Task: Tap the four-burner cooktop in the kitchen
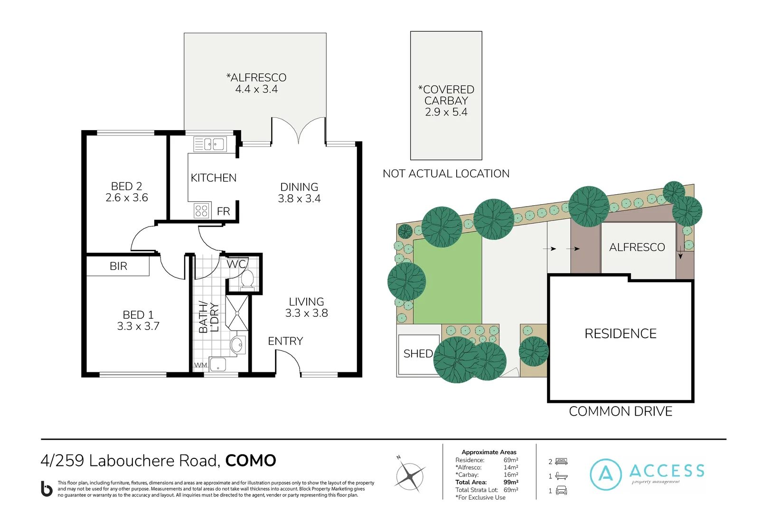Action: [x=201, y=210]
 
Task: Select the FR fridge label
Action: [x=223, y=211]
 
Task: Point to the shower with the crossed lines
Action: [x=236, y=313]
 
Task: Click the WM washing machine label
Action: [x=201, y=365]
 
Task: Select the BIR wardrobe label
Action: [x=118, y=266]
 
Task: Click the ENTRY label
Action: [x=285, y=341]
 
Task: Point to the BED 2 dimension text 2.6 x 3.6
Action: [x=127, y=198]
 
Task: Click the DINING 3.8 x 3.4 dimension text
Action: [x=299, y=199]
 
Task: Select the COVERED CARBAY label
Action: [x=446, y=95]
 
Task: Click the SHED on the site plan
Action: [x=418, y=354]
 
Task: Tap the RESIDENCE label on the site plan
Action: [x=620, y=334]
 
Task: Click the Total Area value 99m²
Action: [x=511, y=482]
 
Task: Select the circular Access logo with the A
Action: [x=606, y=474]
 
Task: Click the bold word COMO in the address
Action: [x=250, y=461]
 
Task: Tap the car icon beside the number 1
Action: [x=561, y=491]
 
